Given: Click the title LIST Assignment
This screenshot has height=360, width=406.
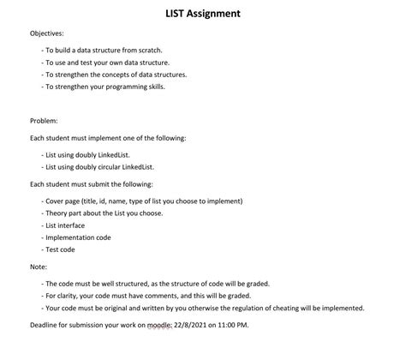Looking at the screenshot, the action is click(x=202, y=14).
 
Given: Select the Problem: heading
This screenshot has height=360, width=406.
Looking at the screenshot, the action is click(x=45, y=121).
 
